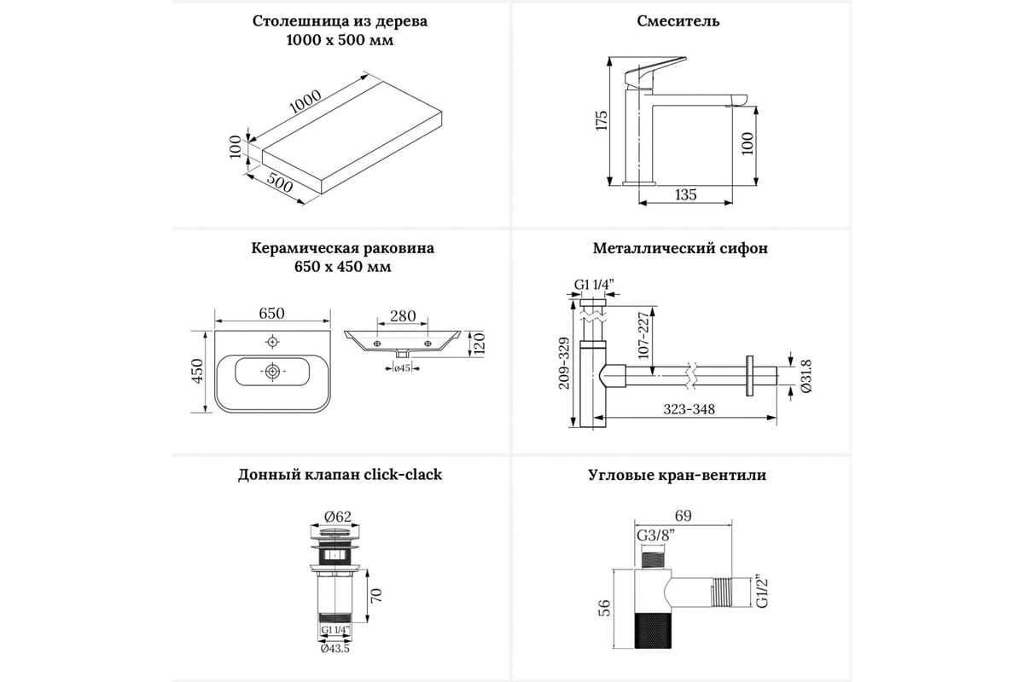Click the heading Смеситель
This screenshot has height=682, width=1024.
(x=678, y=21)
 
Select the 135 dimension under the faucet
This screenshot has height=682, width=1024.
(x=685, y=195)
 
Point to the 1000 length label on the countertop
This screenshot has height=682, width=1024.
(x=305, y=101)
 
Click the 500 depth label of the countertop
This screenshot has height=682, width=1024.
(x=279, y=182)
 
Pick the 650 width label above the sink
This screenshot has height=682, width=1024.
(x=271, y=314)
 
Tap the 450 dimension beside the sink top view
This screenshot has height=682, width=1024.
(x=196, y=373)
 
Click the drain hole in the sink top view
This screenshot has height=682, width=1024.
(x=271, y=372)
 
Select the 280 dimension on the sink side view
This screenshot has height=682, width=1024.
(x=403, y=316)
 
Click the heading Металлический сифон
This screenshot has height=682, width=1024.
(x=680, y=249)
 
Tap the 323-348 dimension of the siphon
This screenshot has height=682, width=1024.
(x=690, y=409)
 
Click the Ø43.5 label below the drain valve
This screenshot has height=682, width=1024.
(x=335, y=649)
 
